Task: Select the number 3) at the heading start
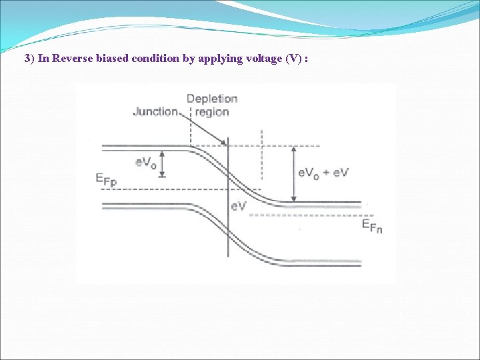[x=29, y=58]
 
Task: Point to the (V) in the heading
[x=293, y=58]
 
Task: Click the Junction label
[x=155, y=111]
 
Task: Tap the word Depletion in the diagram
[x=212, y=99]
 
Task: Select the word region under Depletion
[x=212, y=112]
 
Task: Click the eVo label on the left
[x=145, y=162]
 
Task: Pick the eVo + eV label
[x=323, y=173]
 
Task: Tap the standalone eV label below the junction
[x=238, y=206]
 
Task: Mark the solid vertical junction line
[x=228, y=227]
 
